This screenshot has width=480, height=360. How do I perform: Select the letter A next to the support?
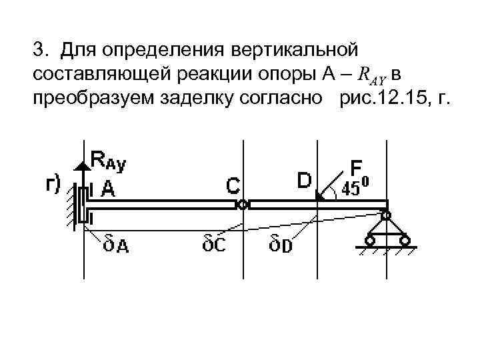[x=107, y=190]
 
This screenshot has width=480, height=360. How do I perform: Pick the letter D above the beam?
[x=304, y=181]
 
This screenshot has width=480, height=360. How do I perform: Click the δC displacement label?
[x=213, y=244]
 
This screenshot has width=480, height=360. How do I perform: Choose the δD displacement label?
[x=281, y=244]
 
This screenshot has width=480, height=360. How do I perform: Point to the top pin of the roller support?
[x=385, y=215]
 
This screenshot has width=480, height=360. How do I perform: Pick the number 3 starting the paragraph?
[x=39, y=51]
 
